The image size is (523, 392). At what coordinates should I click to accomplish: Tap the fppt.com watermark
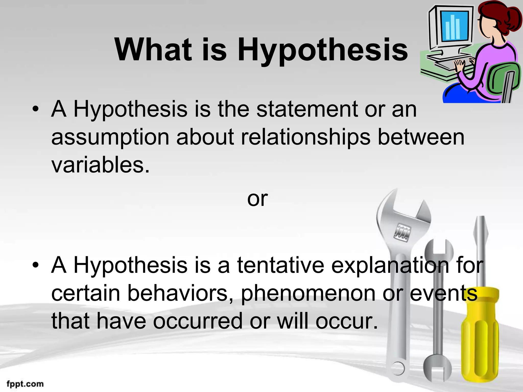(x=25, y=384)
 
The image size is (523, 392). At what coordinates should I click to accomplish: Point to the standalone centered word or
(x=257, y=199)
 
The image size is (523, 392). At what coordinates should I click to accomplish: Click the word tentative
(x=280, y=265)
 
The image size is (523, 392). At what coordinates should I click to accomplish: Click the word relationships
(x=305, y=137)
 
